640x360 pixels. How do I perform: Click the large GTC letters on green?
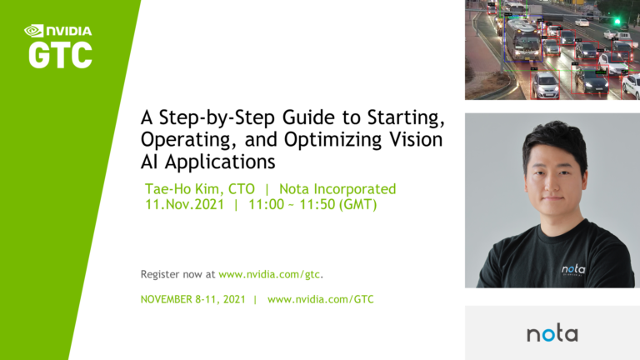(x=60, y=55)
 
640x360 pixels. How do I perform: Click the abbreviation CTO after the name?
(x=240, y=189)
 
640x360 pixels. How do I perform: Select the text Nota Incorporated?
(x=337, y=189)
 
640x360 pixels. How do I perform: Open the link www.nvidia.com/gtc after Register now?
(x=270, y=273)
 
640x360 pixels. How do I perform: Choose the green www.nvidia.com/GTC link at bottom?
(x=320, y=299)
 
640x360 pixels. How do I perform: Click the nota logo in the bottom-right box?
(x=552, y=333)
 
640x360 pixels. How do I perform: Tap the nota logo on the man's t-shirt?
(x=573, y=268)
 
